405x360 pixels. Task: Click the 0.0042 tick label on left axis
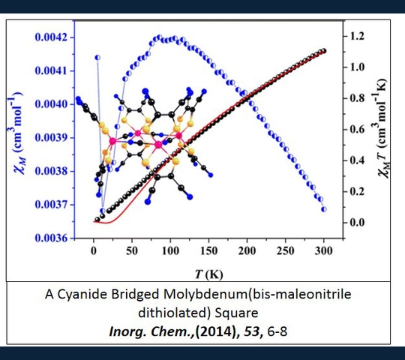coord(51,37)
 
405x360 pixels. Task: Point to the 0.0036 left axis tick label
coord(51,238)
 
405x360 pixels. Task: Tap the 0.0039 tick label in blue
coord(51,138)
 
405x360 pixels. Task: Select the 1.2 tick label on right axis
coord(357,36)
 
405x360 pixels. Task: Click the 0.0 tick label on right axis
coord(357,222)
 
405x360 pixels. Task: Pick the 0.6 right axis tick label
coord(357,129)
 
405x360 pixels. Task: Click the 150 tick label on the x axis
coord(208,250)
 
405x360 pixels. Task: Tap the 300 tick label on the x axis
coord(324,250)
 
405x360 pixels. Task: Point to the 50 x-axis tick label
coord(132,250)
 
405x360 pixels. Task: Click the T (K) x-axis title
coord(208,274)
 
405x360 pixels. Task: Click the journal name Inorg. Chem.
coord(151,331)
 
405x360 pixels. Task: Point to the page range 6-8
coord(277,331)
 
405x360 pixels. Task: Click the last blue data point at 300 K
coord(324,209)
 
